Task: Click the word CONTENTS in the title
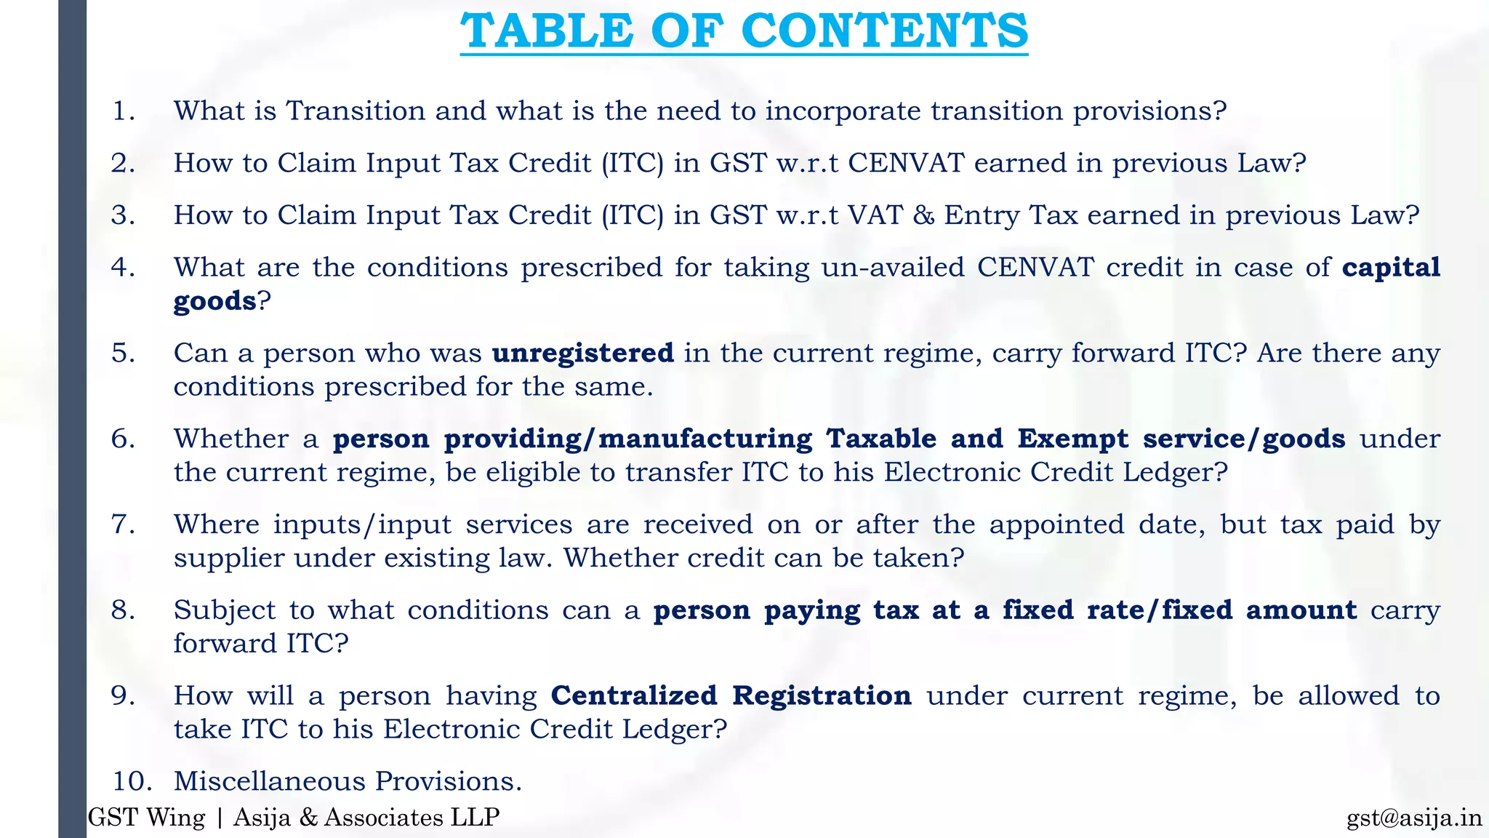click(x=884, y=31)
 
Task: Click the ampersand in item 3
click(x=923, y=215)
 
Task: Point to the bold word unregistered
click(x=583, y=353)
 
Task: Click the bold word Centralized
click(x=634, y=695)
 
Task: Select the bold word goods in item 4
click(x=214, y=301)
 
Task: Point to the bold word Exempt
click(x=1072, y=439)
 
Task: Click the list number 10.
click(x=132, y=781)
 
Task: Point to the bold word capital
click(x=1390, y=268)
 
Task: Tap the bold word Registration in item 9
click(x=822, y=695)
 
